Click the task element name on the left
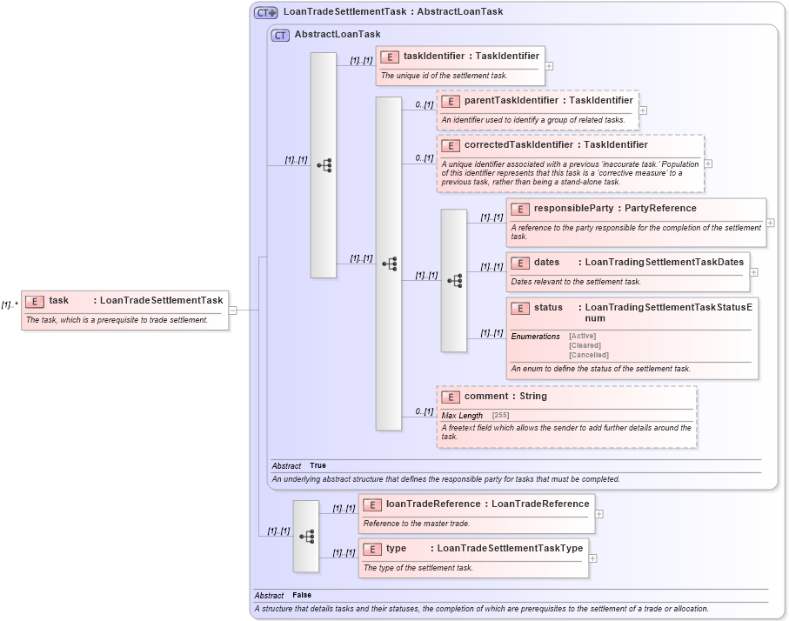[x=58, y=301]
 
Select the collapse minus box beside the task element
[x=232, y=309]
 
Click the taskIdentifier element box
[x=459, y=65]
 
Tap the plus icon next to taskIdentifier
[x=549, y=65]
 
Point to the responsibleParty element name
[x=572, y=209]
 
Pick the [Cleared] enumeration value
[x=585, y=345]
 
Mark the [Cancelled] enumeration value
[x=589, y=355]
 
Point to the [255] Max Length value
[x=500, y=416]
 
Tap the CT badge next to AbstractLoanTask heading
[x=280, y=36]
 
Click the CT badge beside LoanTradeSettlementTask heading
[x=265, y=13]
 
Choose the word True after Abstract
[x=318, y=466]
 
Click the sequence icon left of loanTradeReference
[x=306, y=537]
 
